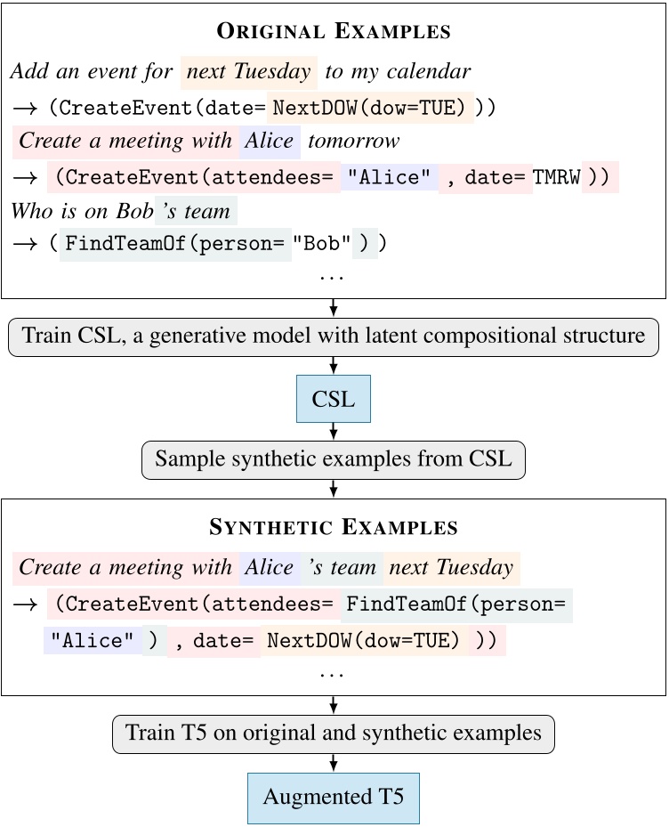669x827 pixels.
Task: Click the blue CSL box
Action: click(334, 400)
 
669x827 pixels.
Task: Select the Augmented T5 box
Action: click(334, 796)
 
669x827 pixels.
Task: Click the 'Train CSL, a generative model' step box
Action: click(334, 337)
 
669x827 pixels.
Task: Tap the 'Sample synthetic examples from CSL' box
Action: click(334, 459)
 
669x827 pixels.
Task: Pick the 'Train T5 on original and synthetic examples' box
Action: click(334, 734)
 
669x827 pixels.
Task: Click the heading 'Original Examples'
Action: click(334, 32)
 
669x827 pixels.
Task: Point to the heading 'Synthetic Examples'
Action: click(334, 527)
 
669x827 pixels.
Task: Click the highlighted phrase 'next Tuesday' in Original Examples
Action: click(248, 71)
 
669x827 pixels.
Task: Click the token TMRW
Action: click(556, 176)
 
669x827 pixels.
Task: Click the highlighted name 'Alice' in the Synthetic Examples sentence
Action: click(269, 567)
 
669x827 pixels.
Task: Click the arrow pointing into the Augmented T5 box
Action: click(334, 764)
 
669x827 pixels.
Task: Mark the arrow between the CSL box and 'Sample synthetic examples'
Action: click(334, 432)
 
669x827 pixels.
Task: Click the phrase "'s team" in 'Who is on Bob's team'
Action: click(197, 211)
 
